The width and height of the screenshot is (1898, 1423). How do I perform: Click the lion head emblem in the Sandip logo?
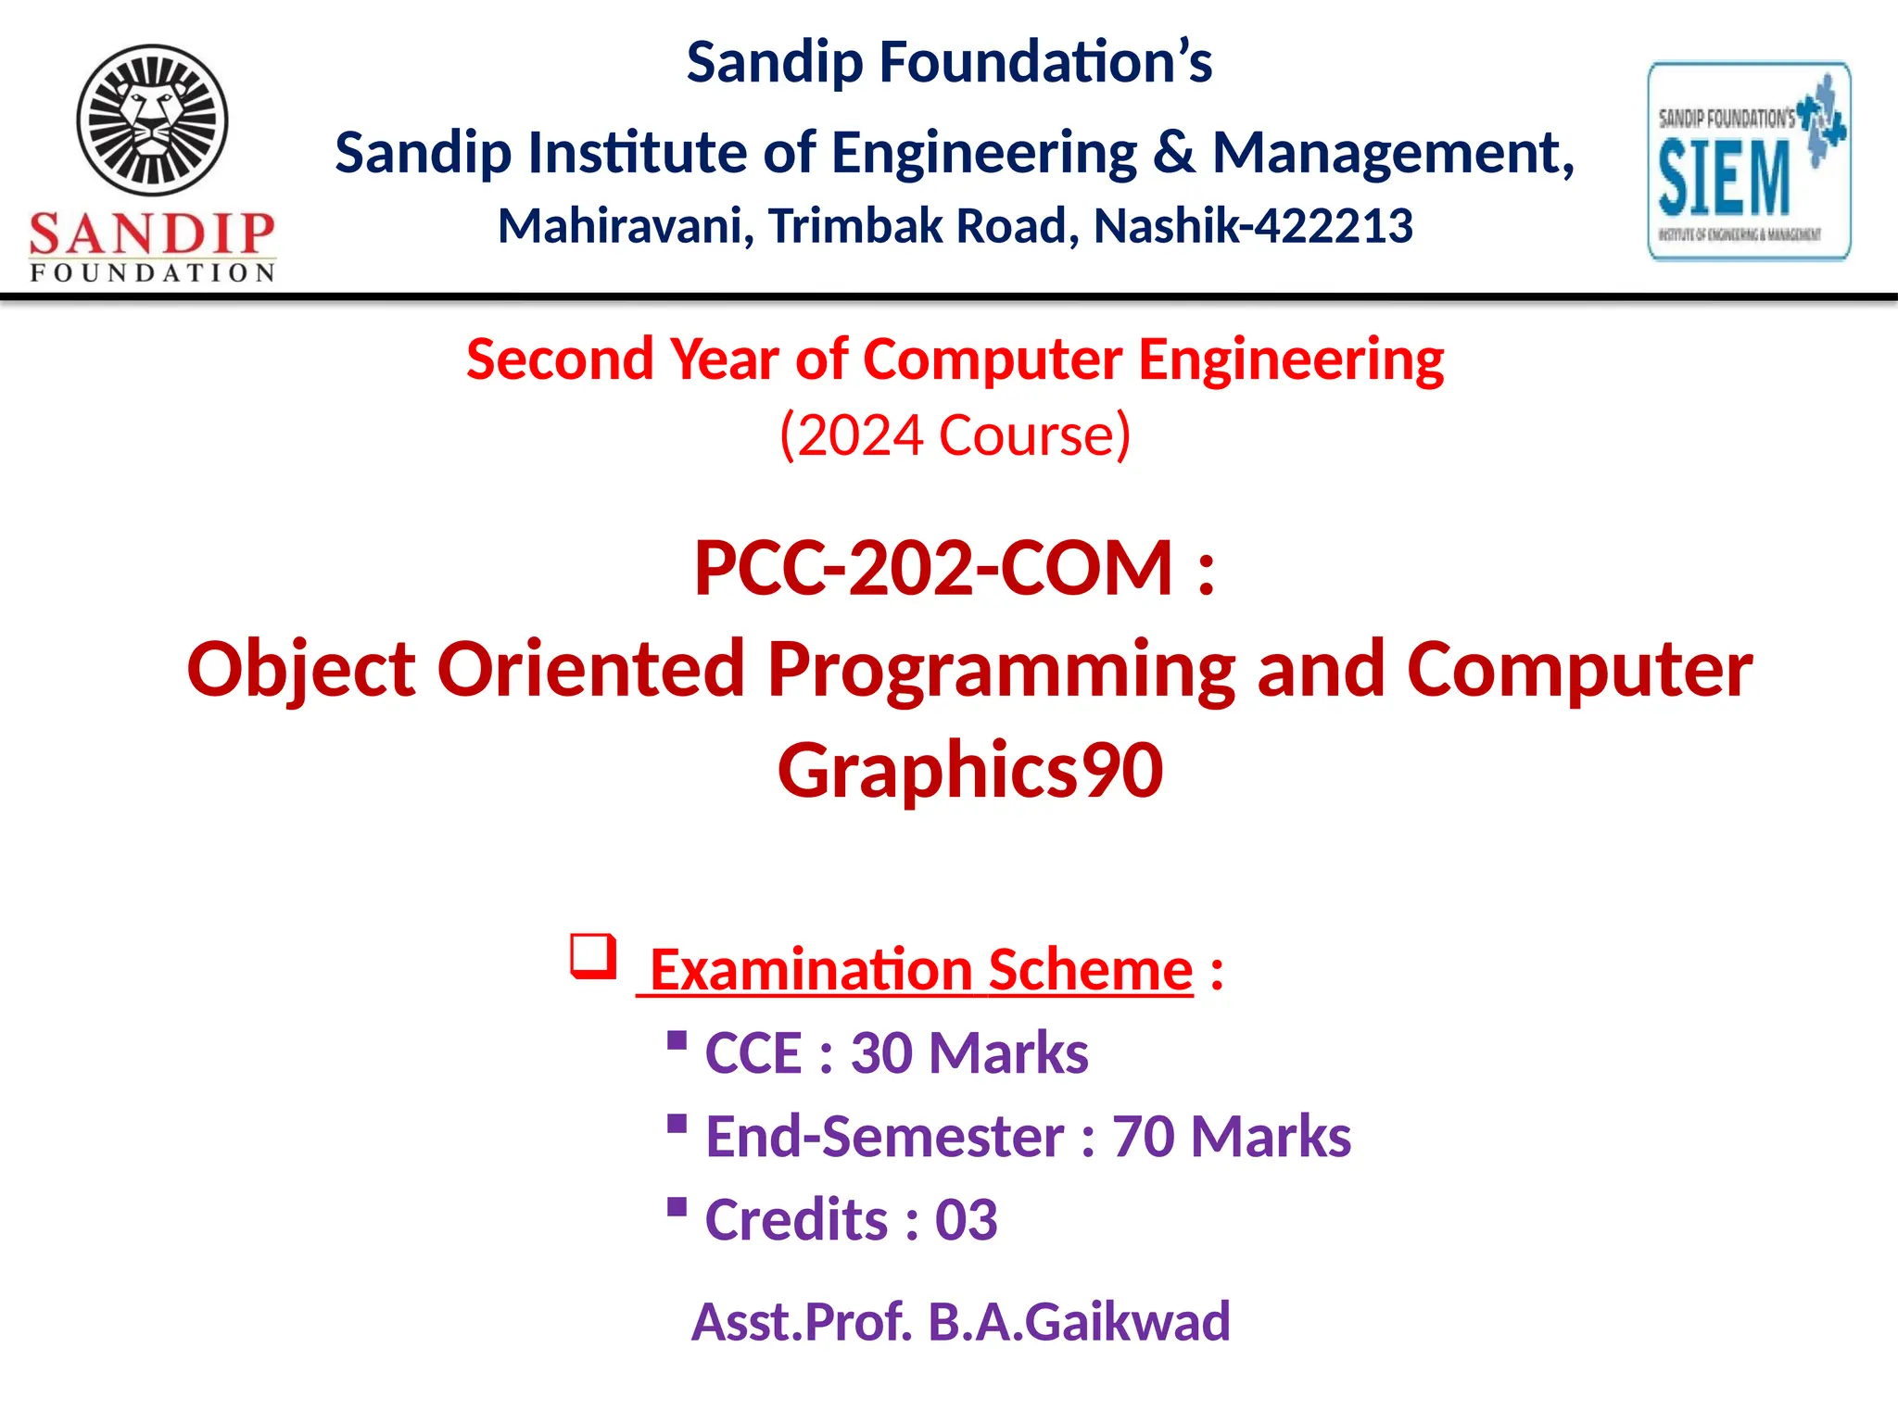152,120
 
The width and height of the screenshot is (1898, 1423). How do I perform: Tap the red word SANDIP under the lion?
152,233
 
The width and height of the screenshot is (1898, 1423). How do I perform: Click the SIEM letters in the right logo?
1724,178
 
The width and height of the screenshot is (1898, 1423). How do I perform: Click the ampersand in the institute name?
1173,153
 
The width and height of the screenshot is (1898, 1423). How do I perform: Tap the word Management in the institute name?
1393,153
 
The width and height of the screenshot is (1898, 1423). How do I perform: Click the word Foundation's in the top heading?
1045,62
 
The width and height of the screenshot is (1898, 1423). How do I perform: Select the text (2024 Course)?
955,434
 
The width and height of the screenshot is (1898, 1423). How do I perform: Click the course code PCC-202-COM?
934,568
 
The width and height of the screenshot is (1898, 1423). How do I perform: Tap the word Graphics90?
969,770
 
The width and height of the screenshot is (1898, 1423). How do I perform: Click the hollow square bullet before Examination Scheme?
593,956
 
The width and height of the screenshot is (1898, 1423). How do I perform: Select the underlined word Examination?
811,970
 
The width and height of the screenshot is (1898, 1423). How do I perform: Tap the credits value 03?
966,1220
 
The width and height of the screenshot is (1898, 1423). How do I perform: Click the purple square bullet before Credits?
677,1208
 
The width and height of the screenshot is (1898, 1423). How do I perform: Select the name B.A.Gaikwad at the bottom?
1079,1321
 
